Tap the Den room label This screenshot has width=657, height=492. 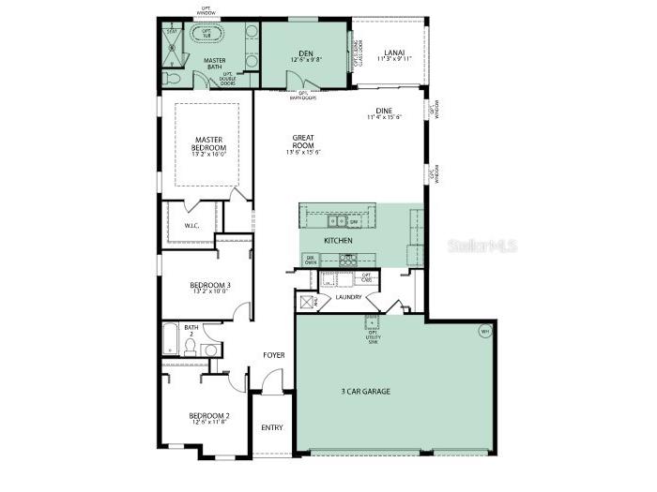pos(305,53)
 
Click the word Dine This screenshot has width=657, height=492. pos(384,112)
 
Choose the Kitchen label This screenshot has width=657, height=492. pos(338,241)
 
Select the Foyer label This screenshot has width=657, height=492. pos(274,355)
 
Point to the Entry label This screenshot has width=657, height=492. pos(271,427)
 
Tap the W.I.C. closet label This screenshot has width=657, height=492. pos(191,225)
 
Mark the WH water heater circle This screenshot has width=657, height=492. pos(485,331)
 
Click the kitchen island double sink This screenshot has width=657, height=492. pos(338,222)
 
